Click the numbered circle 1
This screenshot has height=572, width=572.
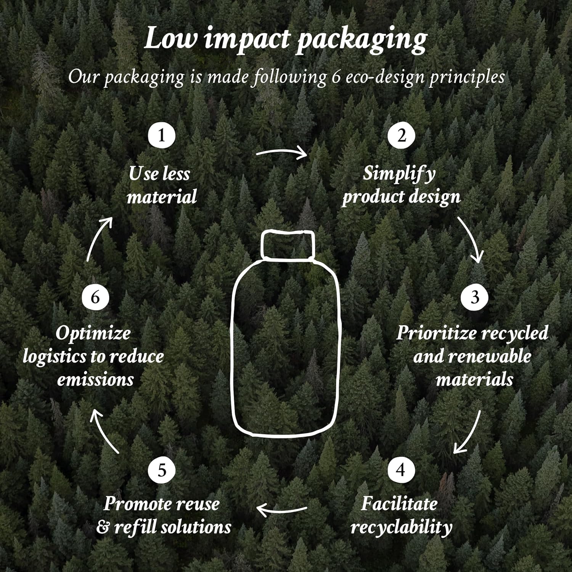pos(162,135)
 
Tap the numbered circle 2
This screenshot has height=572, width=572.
pos(402,135)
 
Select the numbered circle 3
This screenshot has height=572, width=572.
pos(474,297)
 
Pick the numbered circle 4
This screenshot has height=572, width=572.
pos(401,469)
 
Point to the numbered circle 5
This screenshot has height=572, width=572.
pos(162,469)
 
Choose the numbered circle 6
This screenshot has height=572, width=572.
pos(95,297)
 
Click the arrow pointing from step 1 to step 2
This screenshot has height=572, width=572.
pos(282,153)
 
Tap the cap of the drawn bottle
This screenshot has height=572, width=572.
pos(288,244)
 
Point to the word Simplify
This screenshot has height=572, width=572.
pos(398,174)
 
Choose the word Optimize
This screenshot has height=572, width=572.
pos(93,334)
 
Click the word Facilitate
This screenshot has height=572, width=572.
pos(399,504)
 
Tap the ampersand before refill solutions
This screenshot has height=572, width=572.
pos(103,527)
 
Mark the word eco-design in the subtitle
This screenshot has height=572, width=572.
pos(385,77)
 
